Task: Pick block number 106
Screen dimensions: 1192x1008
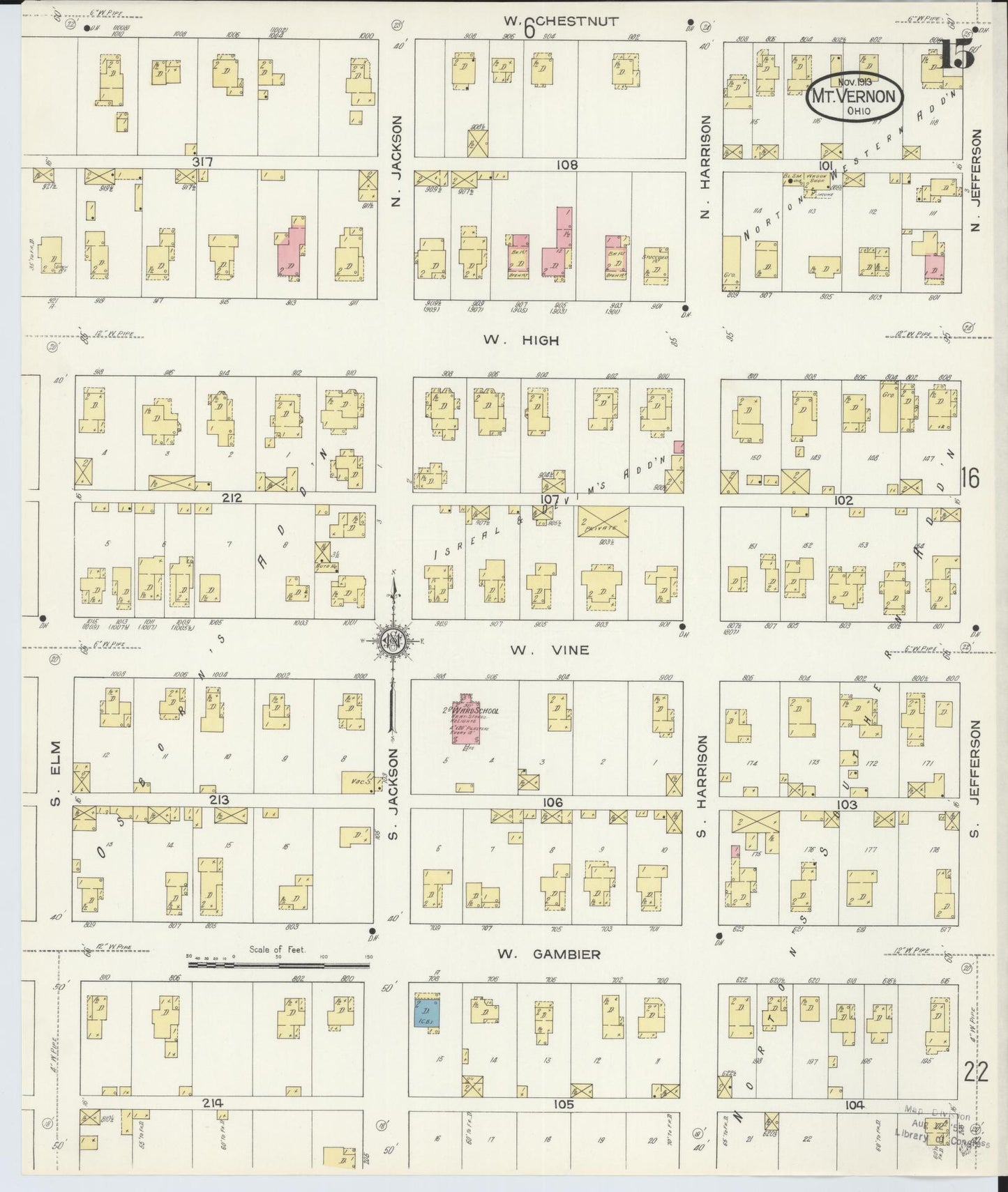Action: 552,803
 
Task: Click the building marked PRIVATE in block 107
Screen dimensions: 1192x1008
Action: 603,522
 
